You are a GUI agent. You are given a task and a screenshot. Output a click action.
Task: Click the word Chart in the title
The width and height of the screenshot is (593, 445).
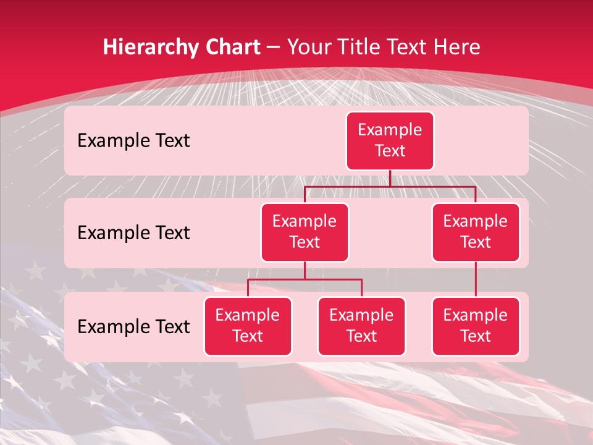coord(232,47)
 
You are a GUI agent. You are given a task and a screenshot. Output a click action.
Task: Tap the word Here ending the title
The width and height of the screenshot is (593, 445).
coord(458,47)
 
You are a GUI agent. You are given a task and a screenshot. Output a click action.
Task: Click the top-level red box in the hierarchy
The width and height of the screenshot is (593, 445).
coord(390,141)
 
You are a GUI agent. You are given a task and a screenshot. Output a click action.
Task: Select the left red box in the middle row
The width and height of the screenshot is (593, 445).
coord(305,232)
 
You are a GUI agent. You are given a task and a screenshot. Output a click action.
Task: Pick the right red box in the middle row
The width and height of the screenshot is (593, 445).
coord(476,232)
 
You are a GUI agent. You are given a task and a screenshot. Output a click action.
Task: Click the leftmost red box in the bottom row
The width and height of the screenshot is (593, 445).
coord(248,326)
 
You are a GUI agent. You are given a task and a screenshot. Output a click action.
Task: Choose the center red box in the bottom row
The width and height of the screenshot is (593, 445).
coord(361,326)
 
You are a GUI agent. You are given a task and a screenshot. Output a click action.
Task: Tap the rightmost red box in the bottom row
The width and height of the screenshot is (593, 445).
coord(476,326)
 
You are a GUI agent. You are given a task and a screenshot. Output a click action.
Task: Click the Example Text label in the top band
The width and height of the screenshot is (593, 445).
coord(133,141)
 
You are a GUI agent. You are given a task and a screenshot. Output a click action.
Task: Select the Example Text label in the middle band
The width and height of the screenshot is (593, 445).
coord(133,233)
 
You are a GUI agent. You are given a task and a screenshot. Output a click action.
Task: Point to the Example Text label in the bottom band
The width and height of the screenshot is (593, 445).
coord(133,326)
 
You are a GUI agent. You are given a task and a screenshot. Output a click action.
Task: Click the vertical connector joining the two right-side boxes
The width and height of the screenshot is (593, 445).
coord(476,279)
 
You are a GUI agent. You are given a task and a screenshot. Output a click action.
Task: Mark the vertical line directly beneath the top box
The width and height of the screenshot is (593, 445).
coord(390,179)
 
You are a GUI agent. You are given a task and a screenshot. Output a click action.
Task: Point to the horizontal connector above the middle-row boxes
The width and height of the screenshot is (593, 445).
coord(432,186)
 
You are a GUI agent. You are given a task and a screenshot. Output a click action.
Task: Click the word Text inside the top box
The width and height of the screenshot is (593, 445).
coord(390,151)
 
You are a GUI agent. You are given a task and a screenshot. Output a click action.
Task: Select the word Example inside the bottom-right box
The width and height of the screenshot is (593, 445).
coord(476,315)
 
